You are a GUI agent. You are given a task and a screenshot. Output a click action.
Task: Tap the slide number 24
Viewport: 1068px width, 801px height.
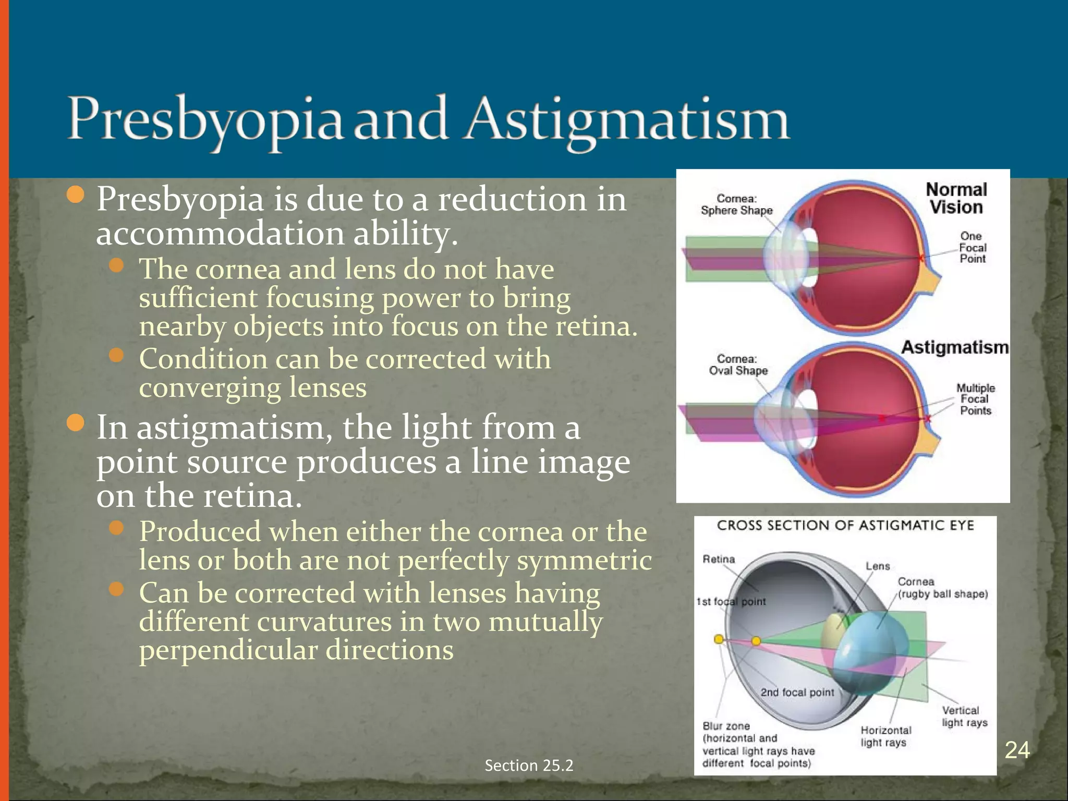click(1017, 750)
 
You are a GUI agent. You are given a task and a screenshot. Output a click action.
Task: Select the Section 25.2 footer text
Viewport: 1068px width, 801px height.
click(529, 765)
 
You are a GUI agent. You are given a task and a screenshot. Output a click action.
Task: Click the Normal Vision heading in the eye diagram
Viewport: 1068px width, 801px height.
click(956, 198)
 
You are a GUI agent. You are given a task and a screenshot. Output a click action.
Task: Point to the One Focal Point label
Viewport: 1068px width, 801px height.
click(973, 247)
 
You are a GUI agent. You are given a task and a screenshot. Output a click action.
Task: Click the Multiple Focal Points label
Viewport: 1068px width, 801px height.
click(975, 399)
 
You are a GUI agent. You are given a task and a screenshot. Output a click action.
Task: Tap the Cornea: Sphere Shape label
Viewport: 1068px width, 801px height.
click(736, 204)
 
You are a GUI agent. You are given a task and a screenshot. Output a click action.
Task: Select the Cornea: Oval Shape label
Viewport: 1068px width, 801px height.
click(737, 365)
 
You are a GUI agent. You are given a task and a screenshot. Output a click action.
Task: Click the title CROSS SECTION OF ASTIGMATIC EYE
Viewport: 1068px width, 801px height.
click(845, 525)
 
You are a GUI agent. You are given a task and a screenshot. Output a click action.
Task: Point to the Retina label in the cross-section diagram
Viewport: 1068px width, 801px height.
click(719, 559)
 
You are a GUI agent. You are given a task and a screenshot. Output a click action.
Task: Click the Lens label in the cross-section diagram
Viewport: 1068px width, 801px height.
click(878, 566)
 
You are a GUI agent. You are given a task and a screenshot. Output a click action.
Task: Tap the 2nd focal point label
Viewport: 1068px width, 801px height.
click(797, 692)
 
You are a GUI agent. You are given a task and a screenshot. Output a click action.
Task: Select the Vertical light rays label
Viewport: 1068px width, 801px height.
click(964, 717)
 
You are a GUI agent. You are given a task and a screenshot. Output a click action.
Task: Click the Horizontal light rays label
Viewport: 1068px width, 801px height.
click(885, 736)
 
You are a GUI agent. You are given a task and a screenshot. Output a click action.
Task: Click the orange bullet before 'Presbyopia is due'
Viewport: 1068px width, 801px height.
click(76, 195)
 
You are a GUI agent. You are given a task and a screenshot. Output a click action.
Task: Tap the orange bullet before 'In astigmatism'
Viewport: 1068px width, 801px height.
click(76, 423)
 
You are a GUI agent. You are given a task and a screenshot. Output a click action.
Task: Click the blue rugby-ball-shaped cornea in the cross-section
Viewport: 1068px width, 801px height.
click(866, 647)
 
